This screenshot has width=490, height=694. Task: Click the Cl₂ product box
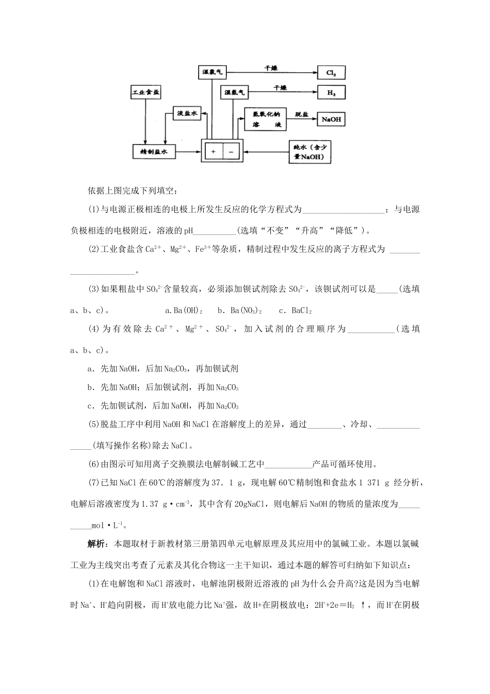click(x=331, y=73)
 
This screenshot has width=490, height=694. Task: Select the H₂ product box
click(x=331, y=93)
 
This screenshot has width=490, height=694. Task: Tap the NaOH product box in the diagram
click(x=331, y=119)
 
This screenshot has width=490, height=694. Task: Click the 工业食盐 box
click(x=146, y=93)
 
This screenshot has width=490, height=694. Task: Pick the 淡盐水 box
click(x=188, y=114)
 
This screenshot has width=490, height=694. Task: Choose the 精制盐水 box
click(x=154, y=152)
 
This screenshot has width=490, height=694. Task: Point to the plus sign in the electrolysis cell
click(x=213, y=152)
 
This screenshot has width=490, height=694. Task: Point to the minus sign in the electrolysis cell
click(x=231, y=152)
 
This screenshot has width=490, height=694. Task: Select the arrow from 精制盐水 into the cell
click(x=188, y=152)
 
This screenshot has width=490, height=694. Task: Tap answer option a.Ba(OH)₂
click(x=184, y=311)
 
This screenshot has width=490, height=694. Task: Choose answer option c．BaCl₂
click(x=296, y=311)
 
